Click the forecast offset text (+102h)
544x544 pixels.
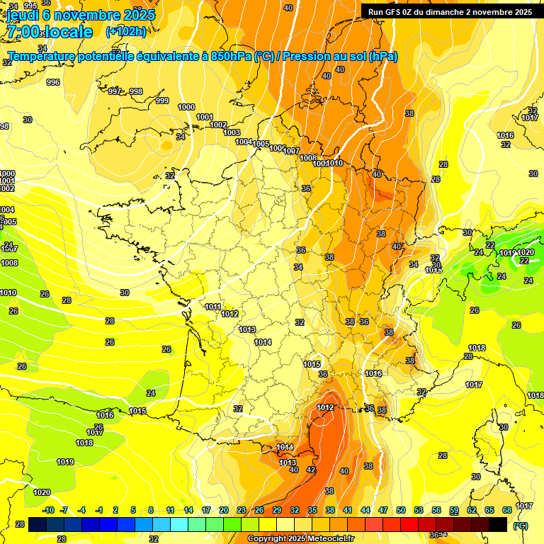[126, 31]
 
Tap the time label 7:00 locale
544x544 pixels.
[50, 32]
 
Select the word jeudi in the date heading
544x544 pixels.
[22, 14]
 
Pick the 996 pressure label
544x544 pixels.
[53, 83]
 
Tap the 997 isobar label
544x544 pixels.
[115, 91]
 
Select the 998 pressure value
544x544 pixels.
[136, 91]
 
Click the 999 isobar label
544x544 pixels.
[162, 101]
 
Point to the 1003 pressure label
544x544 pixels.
[232, 132]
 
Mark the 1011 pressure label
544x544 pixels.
[212, 307]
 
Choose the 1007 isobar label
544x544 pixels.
[292, 151]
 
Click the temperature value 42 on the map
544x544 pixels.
[311, 470]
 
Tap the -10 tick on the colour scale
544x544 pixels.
[48, 510]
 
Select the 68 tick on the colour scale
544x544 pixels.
[507, 510]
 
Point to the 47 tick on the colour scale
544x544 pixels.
[383, 510]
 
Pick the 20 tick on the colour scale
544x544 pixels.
[224, 510]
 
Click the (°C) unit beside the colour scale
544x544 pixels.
[521, 526]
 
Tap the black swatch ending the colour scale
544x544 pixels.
[498, 524]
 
